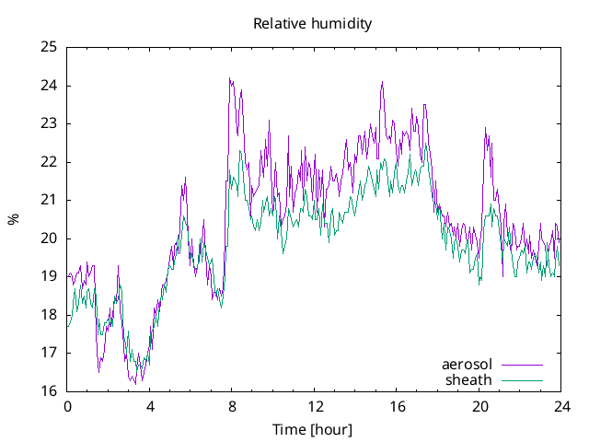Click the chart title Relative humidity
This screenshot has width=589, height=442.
click(x=312, y=24)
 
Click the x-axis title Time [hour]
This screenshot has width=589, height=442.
click(x=312, y=430)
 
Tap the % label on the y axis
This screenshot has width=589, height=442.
click(x=13, y=219)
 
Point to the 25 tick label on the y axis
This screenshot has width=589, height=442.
click(x=49, y=47)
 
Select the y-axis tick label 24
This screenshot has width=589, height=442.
click(x=49, y=86)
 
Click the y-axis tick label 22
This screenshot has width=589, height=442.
click(x=49, y=162)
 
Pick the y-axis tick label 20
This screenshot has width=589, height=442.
click(x=49, y=238)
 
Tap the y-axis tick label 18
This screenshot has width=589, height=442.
click(x=49, y=315)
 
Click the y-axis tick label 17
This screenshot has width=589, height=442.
click(x=49, y=353)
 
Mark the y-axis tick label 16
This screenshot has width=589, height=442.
click(x=49, y=391)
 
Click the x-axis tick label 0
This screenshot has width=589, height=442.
click(x=67, y=406)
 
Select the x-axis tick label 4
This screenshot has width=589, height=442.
click(x=150, y=406)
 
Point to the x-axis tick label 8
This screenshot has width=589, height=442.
click(x=232, y=406)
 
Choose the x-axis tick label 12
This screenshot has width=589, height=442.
click(x=315, y=406)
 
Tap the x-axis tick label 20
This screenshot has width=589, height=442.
click(x=479, y=406)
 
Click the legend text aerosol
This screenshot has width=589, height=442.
click(x=468, y=365)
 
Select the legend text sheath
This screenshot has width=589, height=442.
click(x=468, y=379)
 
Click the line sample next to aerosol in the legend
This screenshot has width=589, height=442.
click(x=521, y=366)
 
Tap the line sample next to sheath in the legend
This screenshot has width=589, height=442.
click(x=521, y=379)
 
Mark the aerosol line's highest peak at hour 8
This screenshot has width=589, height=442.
click(x=230, y=79)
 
